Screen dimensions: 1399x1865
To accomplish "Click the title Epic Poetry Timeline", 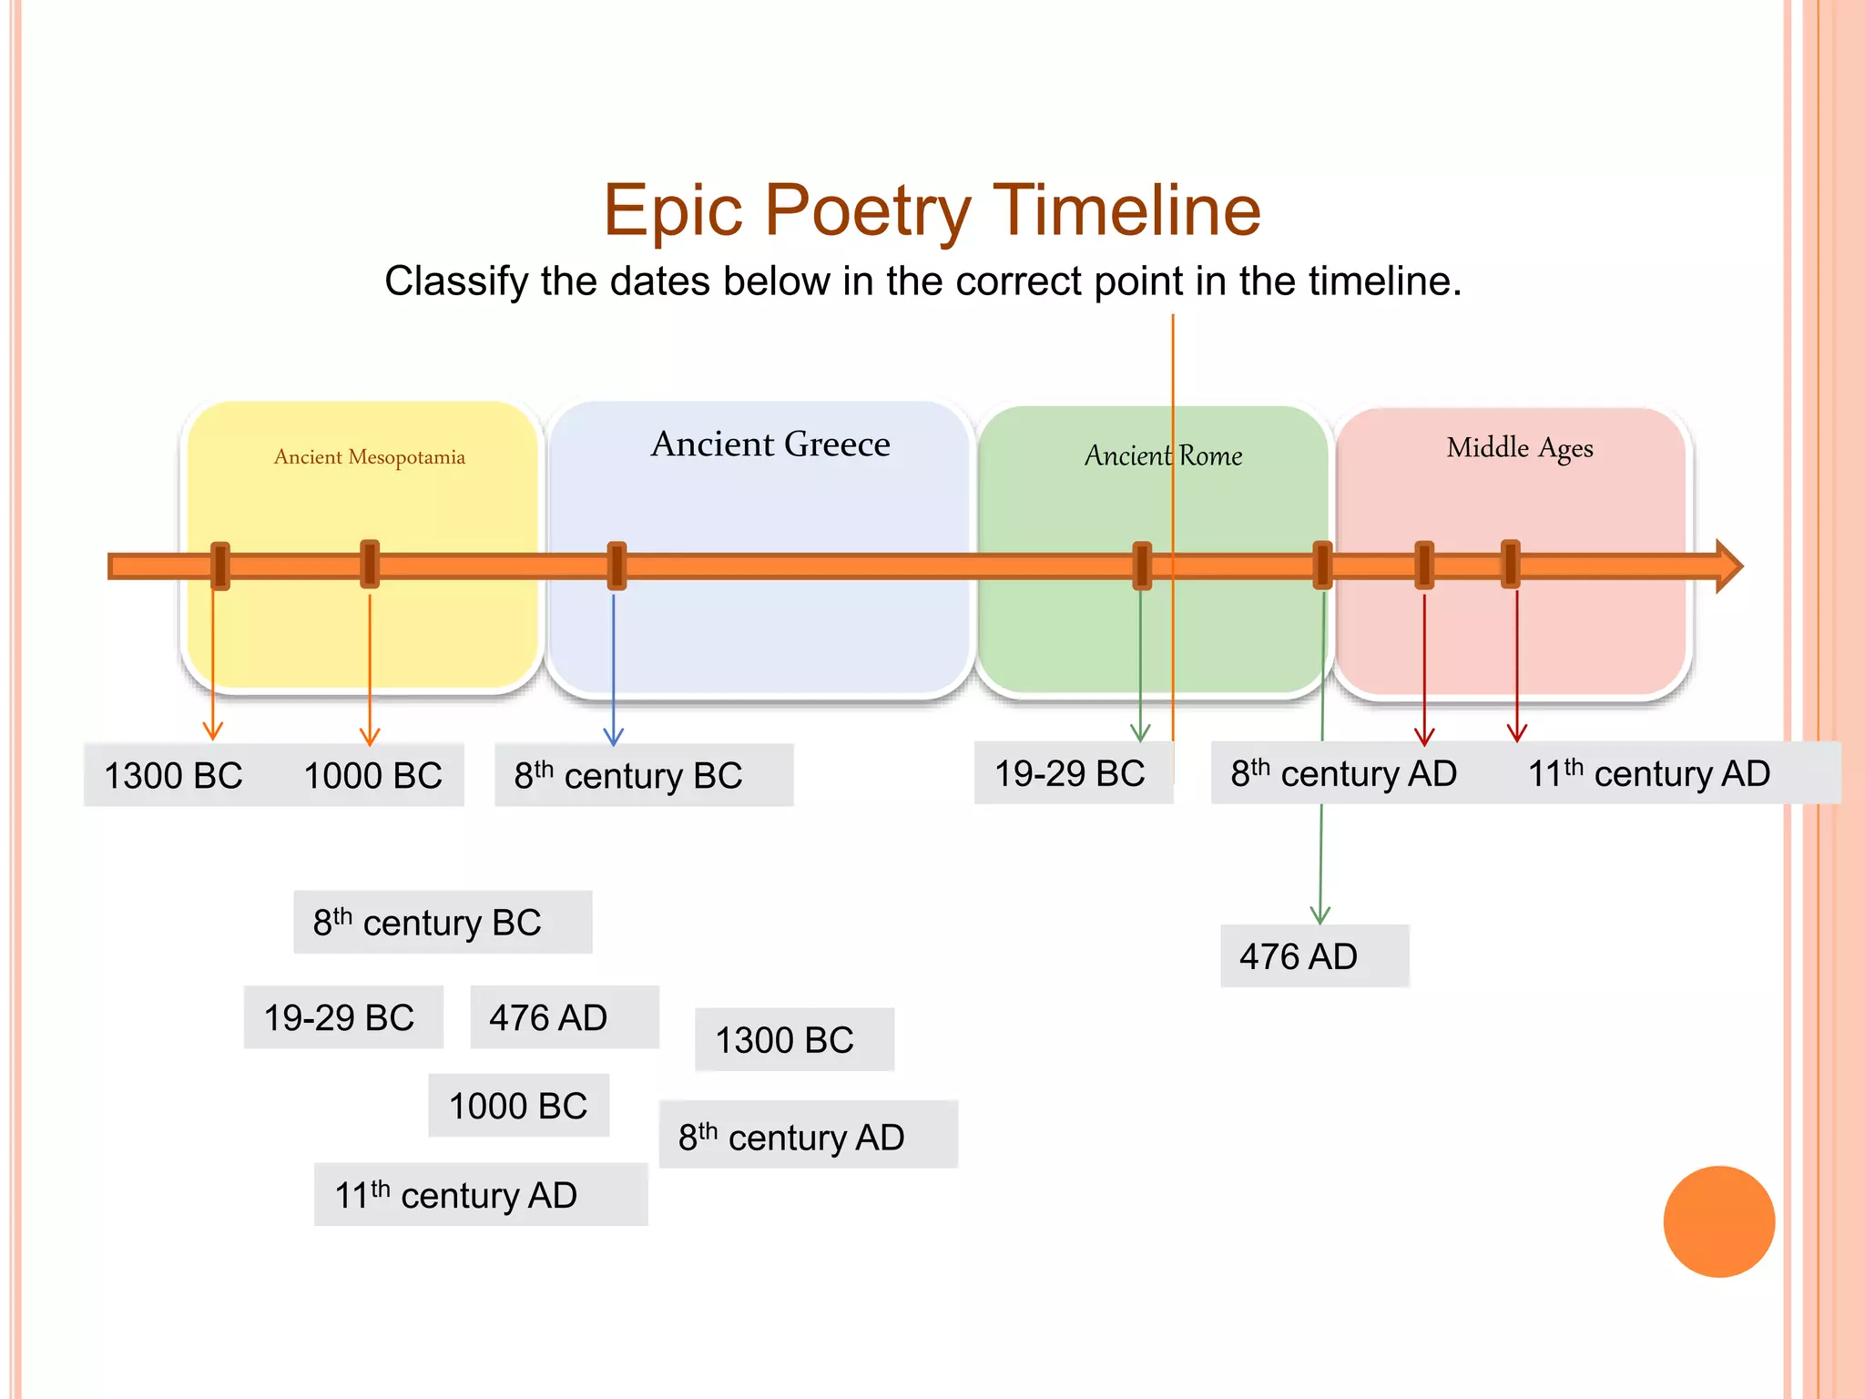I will (x=932, y=210).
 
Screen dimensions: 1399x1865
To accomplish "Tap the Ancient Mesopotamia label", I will (x=369, y=457).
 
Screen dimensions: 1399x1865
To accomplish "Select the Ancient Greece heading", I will (x=770, y=444).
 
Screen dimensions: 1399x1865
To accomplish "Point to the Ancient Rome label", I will (x=1163, y=454).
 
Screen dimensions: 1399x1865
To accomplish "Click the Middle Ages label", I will (x=1519, y=448).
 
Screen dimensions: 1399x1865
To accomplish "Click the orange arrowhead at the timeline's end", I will (x=1727, y=566).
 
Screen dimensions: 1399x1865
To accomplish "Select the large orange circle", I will (x=1718, y=1221).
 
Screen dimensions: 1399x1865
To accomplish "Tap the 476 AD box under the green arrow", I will (x=1313, y=956).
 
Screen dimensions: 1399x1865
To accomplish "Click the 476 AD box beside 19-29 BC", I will (x=564, y=1017).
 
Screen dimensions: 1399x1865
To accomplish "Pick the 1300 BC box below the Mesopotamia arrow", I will (x=174, y=776).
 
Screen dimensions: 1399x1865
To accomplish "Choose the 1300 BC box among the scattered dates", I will (x=793, y=1040).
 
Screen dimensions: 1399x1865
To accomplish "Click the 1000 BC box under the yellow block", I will (x=372, y=776).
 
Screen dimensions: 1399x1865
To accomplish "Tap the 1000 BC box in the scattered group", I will (x=518, y=1106).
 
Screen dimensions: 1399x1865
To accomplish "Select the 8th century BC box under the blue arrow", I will (x=643, y=776).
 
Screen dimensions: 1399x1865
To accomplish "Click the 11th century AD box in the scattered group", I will (x=480, y=1195).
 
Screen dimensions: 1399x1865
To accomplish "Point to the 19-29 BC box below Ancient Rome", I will (x=1072, y=774).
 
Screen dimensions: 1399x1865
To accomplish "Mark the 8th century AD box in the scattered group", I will (x=808, y=1136).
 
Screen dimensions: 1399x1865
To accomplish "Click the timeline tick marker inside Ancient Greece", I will (x=617, y=566).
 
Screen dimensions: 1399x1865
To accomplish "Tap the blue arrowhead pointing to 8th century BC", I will (x=614, y=737).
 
